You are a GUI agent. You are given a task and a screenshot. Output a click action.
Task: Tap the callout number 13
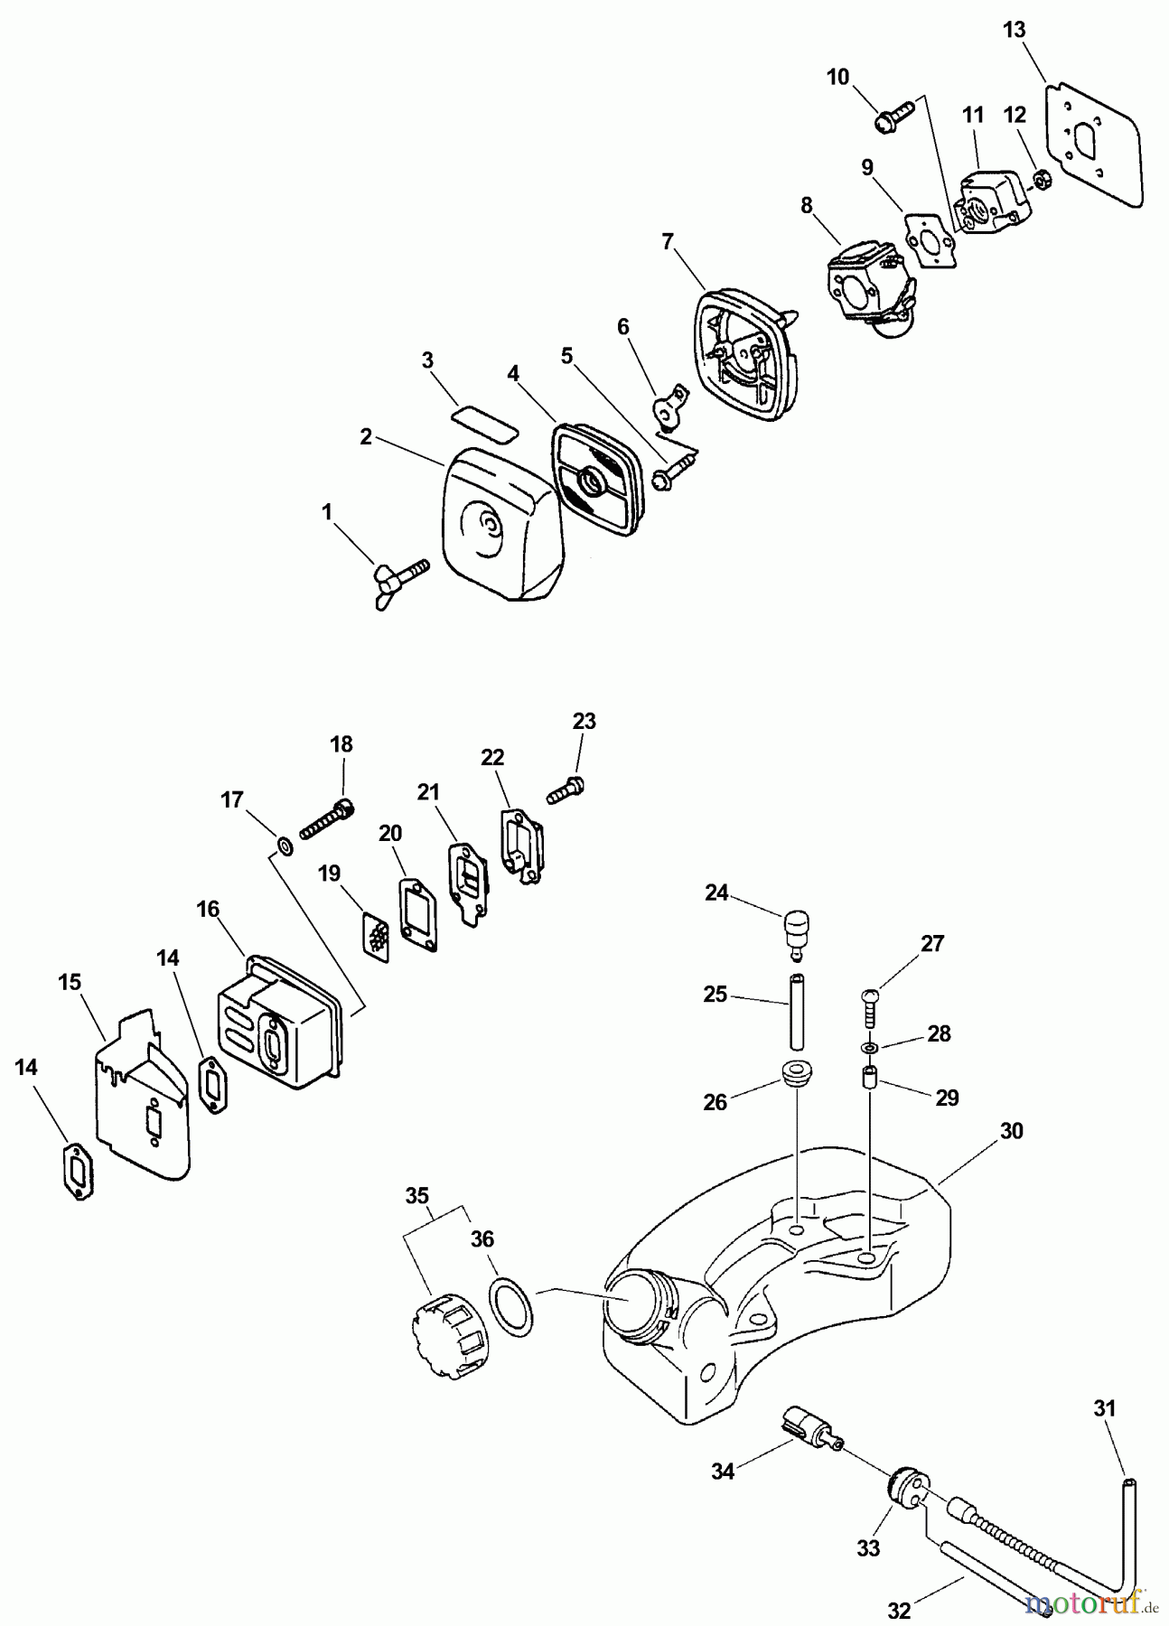(1014, 30)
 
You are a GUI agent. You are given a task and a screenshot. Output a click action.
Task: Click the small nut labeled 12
(1041, 181)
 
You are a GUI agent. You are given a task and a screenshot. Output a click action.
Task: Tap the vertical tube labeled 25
(797, 1006)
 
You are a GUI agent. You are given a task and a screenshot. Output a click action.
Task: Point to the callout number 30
(1011, 1130)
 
